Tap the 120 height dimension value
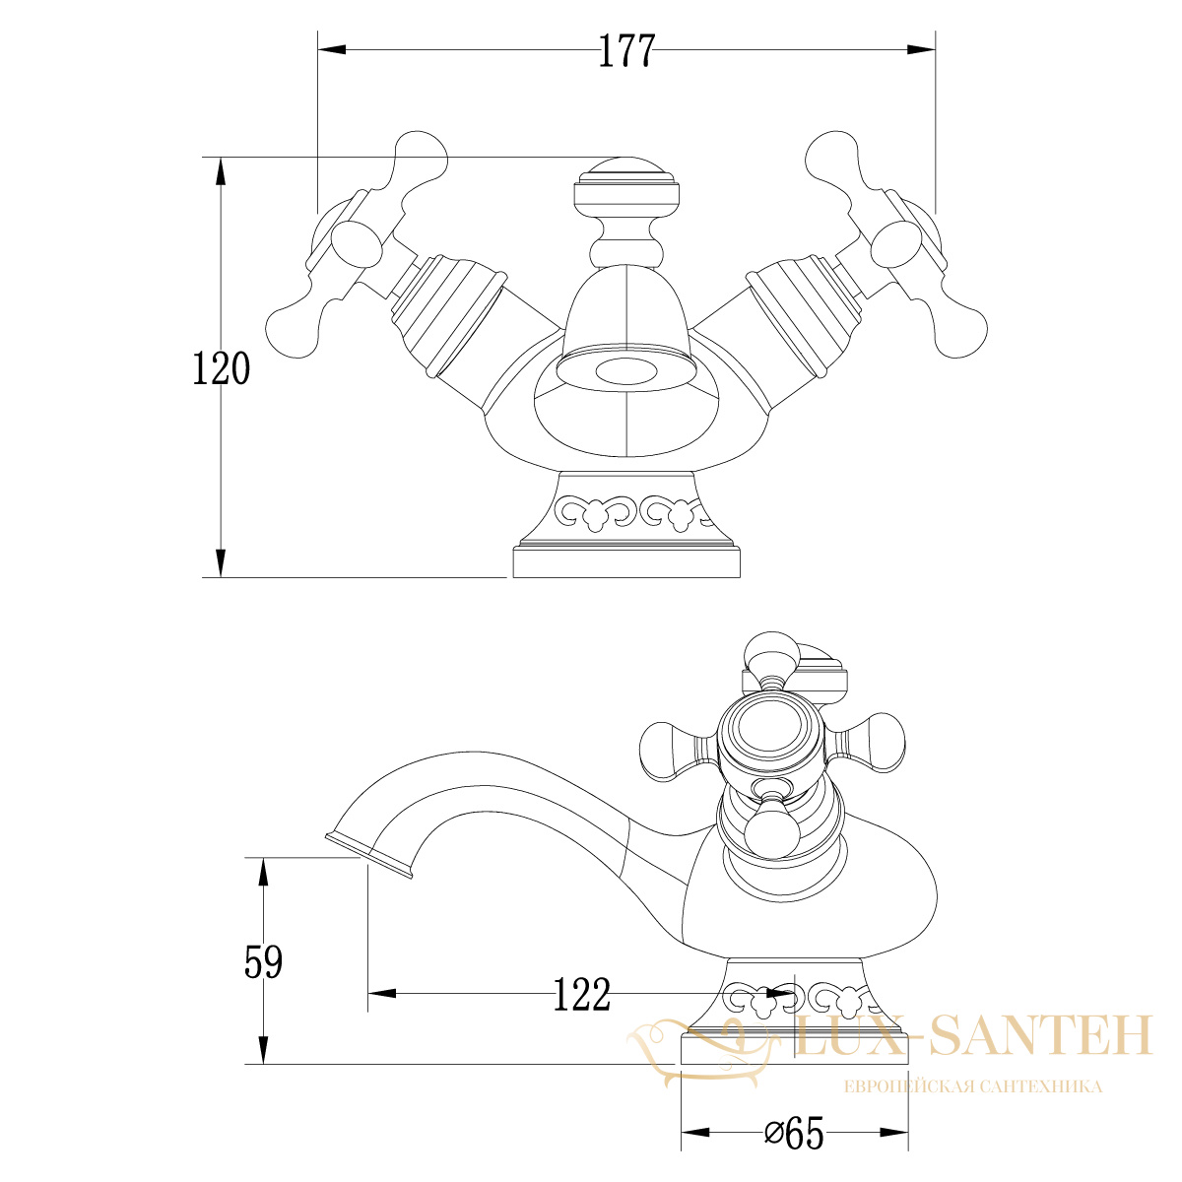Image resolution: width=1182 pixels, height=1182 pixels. tap(222, 368)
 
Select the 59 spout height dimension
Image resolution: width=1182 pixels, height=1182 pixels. tap(263, 961)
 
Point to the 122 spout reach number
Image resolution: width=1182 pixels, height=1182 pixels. tap(582, 994)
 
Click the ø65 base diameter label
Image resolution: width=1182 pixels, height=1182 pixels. tap(794, 1133)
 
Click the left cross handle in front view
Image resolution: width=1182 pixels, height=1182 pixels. tap(356, 244)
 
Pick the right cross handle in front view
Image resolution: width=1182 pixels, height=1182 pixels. tap(896, 244)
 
